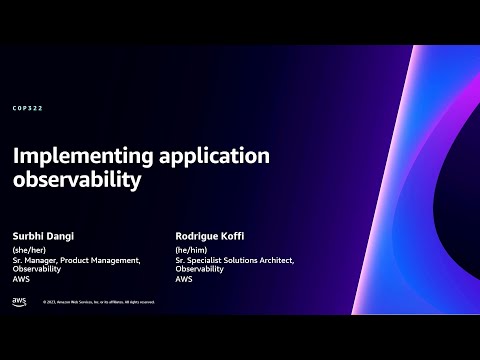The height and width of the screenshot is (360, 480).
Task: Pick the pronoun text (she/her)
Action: [x=29, y=251]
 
